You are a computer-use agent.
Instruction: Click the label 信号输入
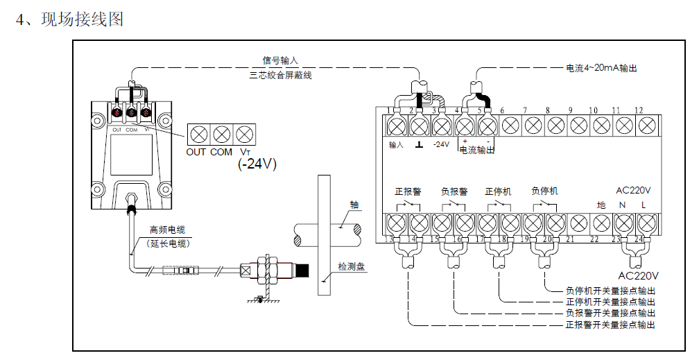click(x=279, y=61)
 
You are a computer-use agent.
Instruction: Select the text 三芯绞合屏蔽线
click(x=281, y=75)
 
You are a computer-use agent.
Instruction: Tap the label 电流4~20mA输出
click(x=601, y=69)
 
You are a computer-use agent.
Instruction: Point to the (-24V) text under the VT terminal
click(x=257, y=164)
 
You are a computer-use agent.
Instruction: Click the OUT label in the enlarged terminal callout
click(x=196, y=151)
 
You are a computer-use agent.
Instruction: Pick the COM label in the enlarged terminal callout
click(x=221, y=151)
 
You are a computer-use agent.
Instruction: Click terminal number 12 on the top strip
click(x=639, y=110)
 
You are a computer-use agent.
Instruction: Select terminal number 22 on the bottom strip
click(x=594, y=239)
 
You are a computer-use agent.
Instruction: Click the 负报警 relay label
click(x=454, y=191)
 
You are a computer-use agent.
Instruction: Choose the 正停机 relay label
click(x=498, y=191)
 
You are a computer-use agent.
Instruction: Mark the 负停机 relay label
click(x=544, y=191)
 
